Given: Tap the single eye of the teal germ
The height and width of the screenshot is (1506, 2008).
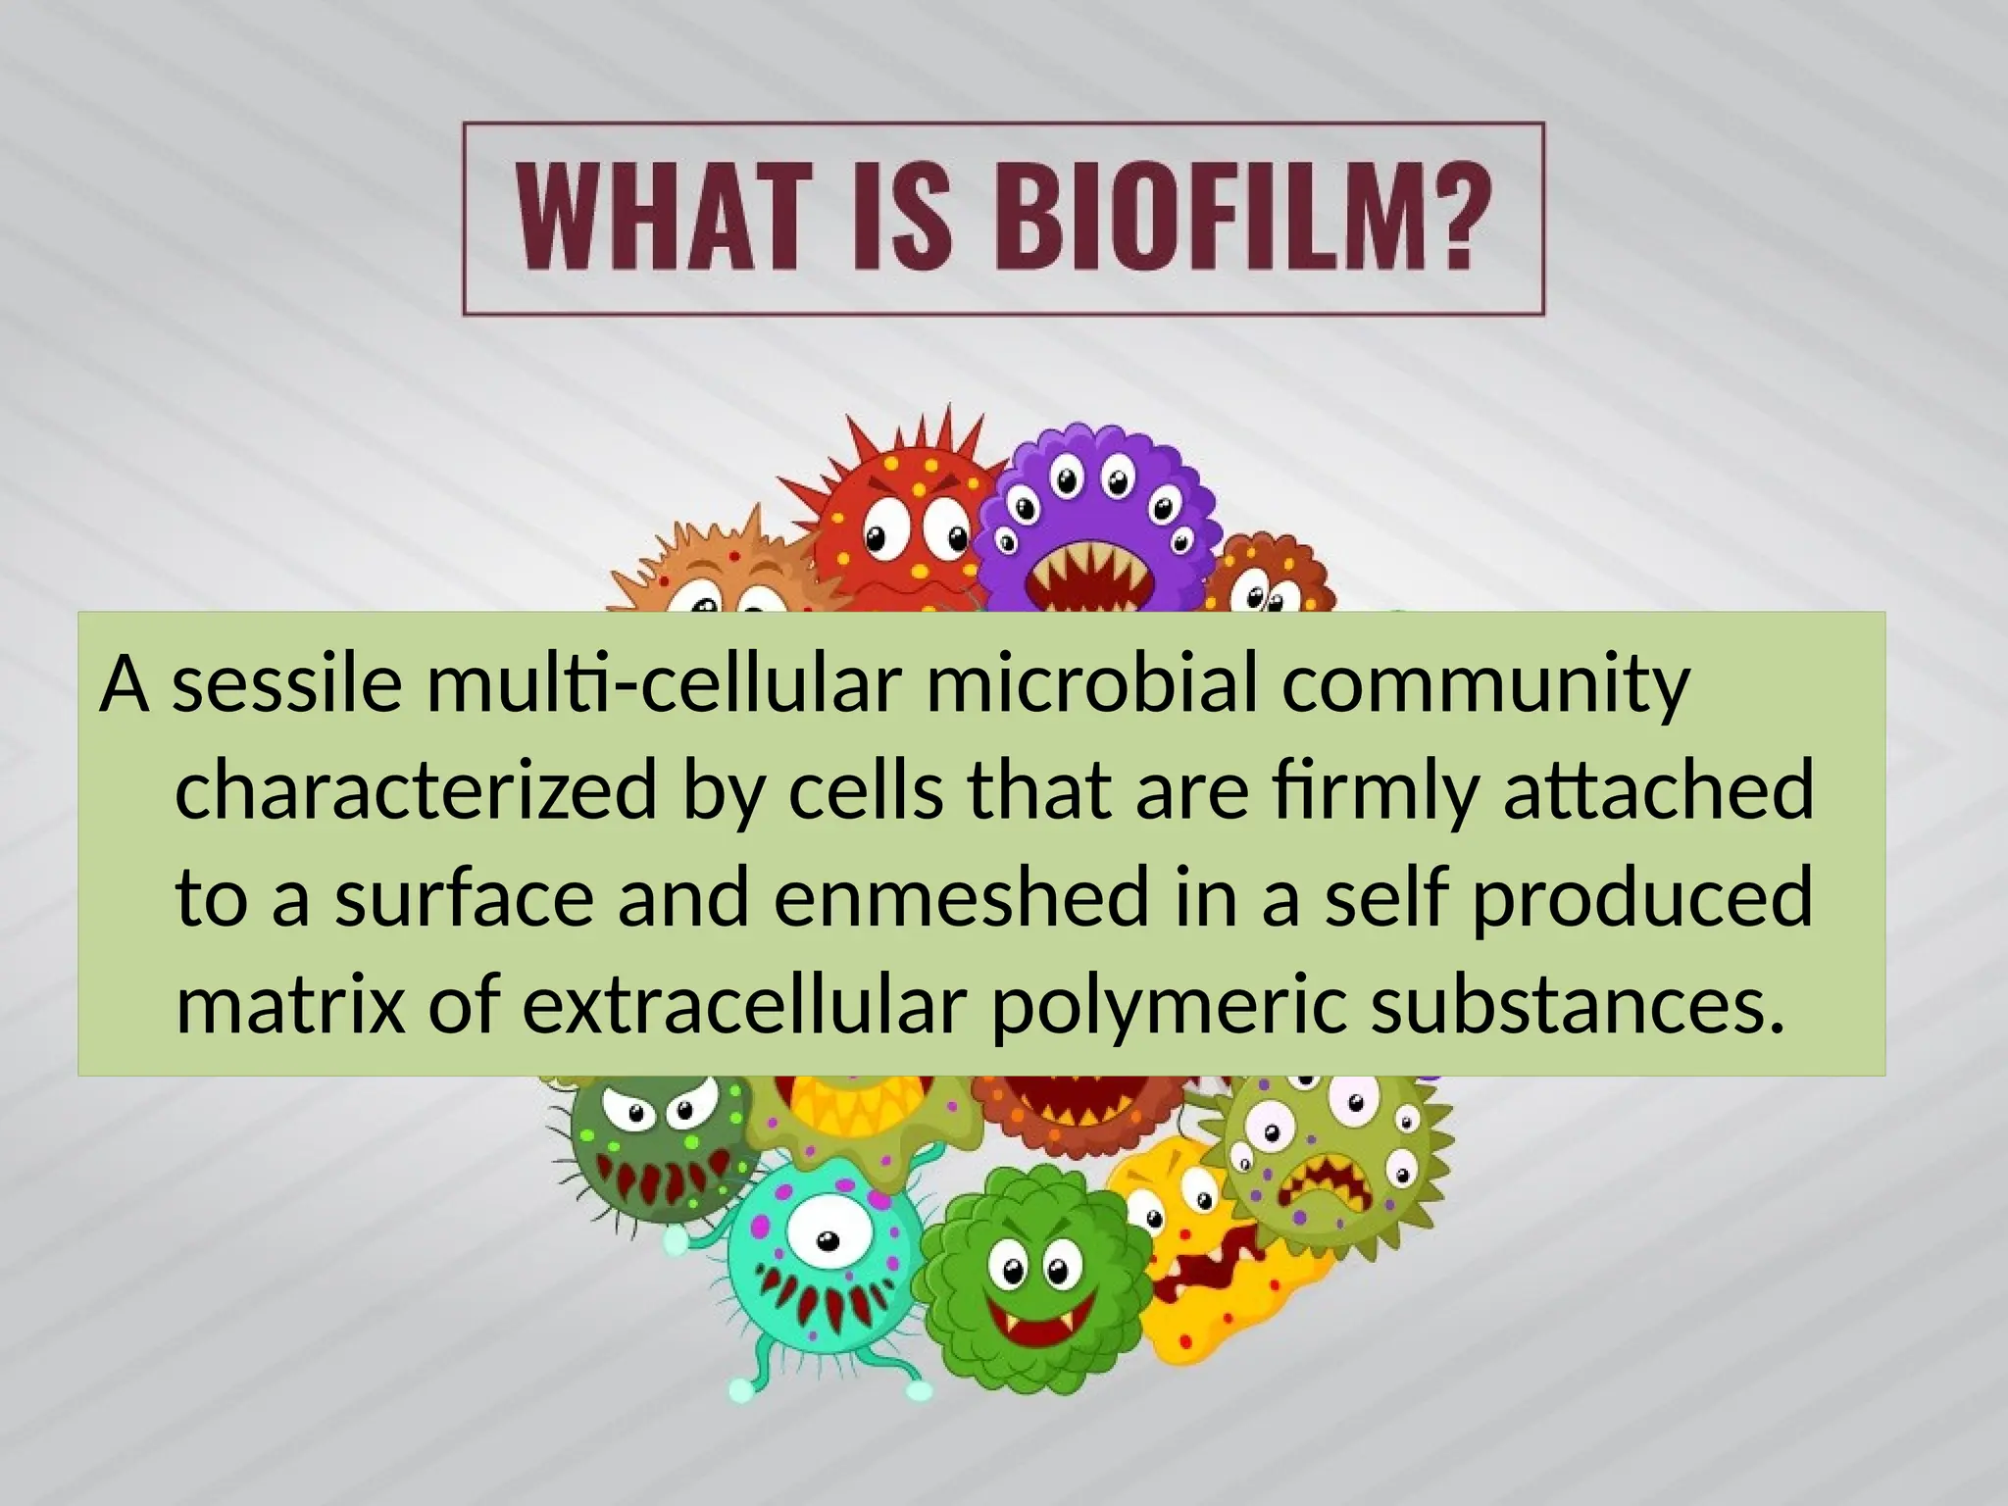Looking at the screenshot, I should point(822,1241).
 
